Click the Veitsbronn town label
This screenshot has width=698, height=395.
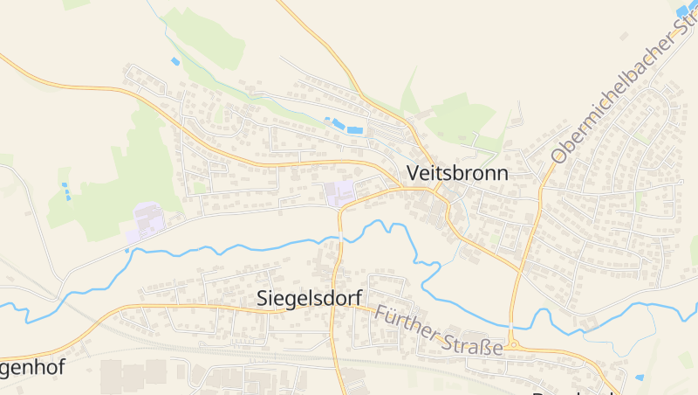(456, 172)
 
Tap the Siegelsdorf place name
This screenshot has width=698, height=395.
(310, 298)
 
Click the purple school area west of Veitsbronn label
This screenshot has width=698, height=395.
(340, 193)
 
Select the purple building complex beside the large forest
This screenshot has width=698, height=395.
(146, 222)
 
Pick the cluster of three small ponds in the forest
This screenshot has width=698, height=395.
(65, 191)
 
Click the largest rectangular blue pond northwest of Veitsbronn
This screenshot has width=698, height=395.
(354, 130)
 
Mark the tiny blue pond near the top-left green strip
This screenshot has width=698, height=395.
(175, 61)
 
